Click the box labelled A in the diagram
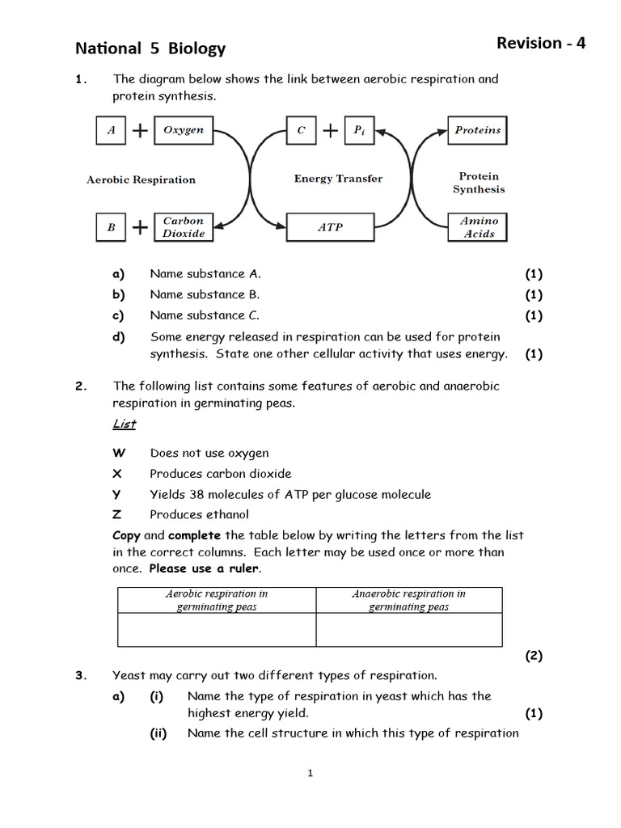(111, 130)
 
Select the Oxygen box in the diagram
(184, 130)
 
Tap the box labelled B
(111, 227)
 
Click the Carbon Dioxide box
(184, 227)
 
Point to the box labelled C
(301, 130)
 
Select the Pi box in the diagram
(359, 130)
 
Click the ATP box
(330, 227)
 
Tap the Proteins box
(478, 130)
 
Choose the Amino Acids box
(478, 227)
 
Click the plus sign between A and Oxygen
(140, 131)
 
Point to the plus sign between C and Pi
(330, 131)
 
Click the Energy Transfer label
(338, 179)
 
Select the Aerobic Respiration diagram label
(141, 180)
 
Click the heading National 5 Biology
(150, 49)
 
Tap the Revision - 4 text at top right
(540, 43)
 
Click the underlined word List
(124, 425)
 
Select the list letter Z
(117, 514)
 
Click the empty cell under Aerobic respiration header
(217, 630)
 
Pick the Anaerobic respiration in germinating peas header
(408, 600)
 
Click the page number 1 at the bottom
(310, 774)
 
